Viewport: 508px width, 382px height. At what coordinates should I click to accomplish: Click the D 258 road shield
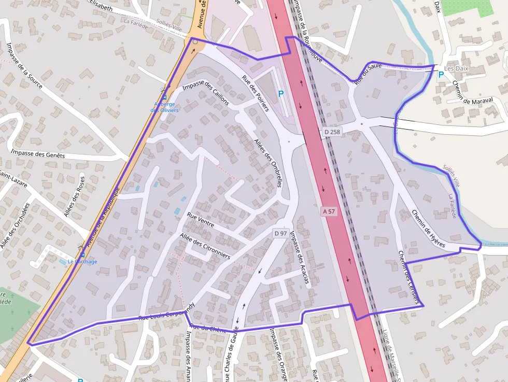(x=332, y=132)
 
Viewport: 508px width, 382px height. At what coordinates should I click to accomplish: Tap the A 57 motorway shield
(x=328, y=211)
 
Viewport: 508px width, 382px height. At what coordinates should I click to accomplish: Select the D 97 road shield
(x=280, y=234)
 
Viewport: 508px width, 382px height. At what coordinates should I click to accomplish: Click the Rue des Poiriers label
(x=256, y=94)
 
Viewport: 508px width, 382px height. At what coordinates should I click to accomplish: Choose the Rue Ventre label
(x=201, y=219)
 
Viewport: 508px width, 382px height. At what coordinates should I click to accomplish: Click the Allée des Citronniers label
(x=205, y=246)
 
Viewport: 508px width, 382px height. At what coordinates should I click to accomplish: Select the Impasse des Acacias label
(x=300, y=258)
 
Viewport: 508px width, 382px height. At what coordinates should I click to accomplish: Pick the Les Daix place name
(x=457, y=68)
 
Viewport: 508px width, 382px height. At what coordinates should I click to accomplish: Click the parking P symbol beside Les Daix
(x=441, y=75)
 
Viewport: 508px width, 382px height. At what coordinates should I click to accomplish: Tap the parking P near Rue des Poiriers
(x=281, y=94)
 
